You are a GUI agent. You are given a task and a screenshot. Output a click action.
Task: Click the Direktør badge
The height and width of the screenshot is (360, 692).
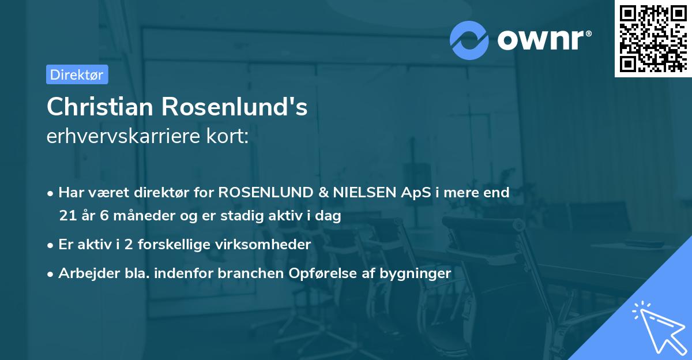tap(77, 74)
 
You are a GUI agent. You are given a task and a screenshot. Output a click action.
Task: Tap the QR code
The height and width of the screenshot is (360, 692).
tap(653, 38)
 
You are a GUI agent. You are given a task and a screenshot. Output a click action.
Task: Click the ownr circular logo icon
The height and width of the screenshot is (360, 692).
tap(469, 40)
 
